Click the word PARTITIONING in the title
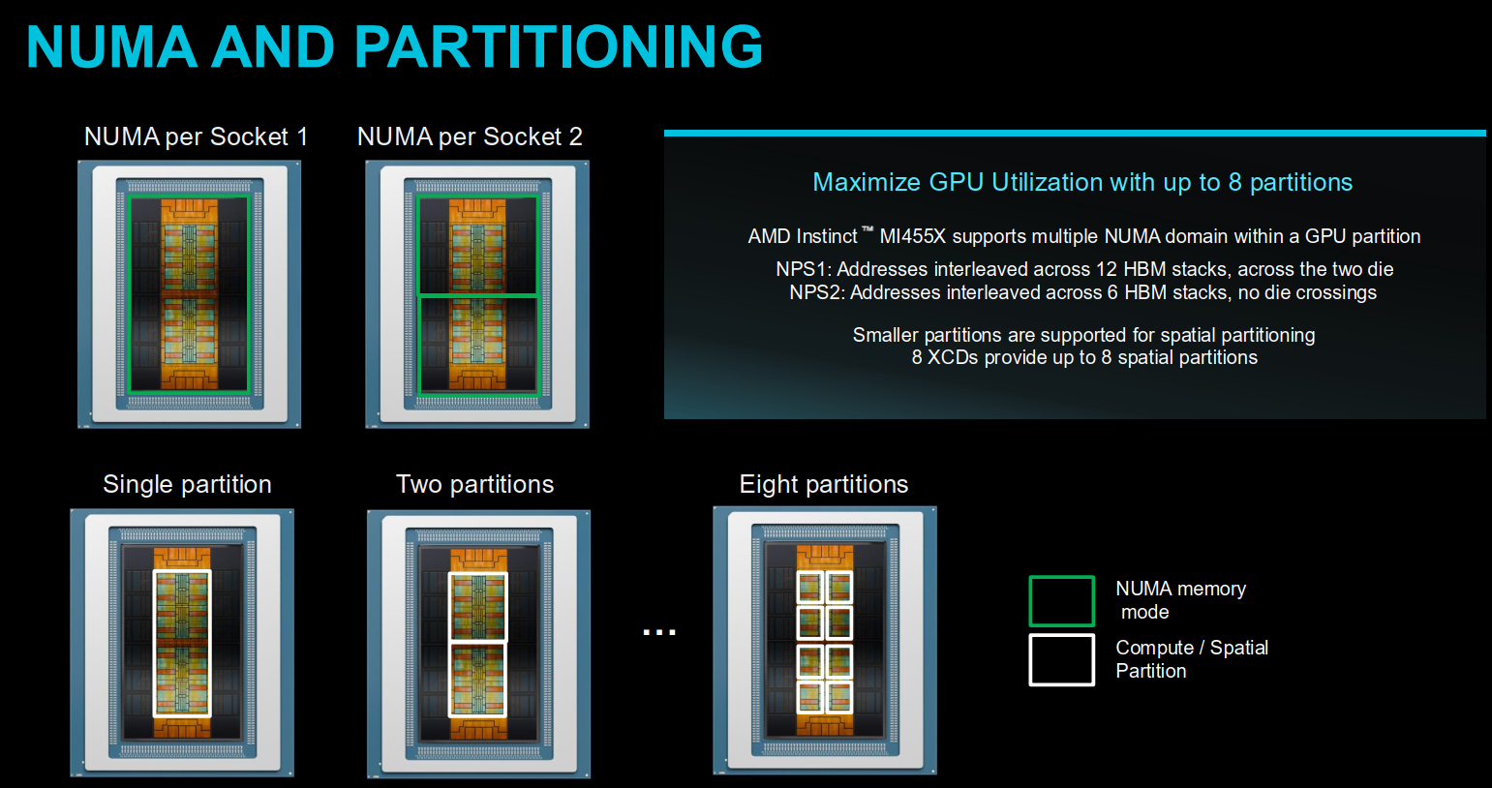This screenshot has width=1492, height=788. click(x=558, y=46)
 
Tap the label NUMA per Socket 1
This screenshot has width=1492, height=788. click(x=196, y=136)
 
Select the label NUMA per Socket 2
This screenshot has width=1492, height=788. click(x=470, y=136)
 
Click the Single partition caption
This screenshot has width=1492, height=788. click(x=187, y=484)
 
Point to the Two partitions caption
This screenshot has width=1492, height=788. click(x=475, y=484)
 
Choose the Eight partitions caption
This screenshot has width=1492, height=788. click(x=824, y=484)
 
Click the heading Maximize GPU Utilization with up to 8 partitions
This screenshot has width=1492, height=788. click(x=1082, y=182)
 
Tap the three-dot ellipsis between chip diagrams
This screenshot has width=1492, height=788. click(x=659, y=632)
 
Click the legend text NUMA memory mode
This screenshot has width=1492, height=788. click(x=1180, y=600)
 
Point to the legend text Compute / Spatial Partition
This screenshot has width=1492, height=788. click(x=1192, y=659)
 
